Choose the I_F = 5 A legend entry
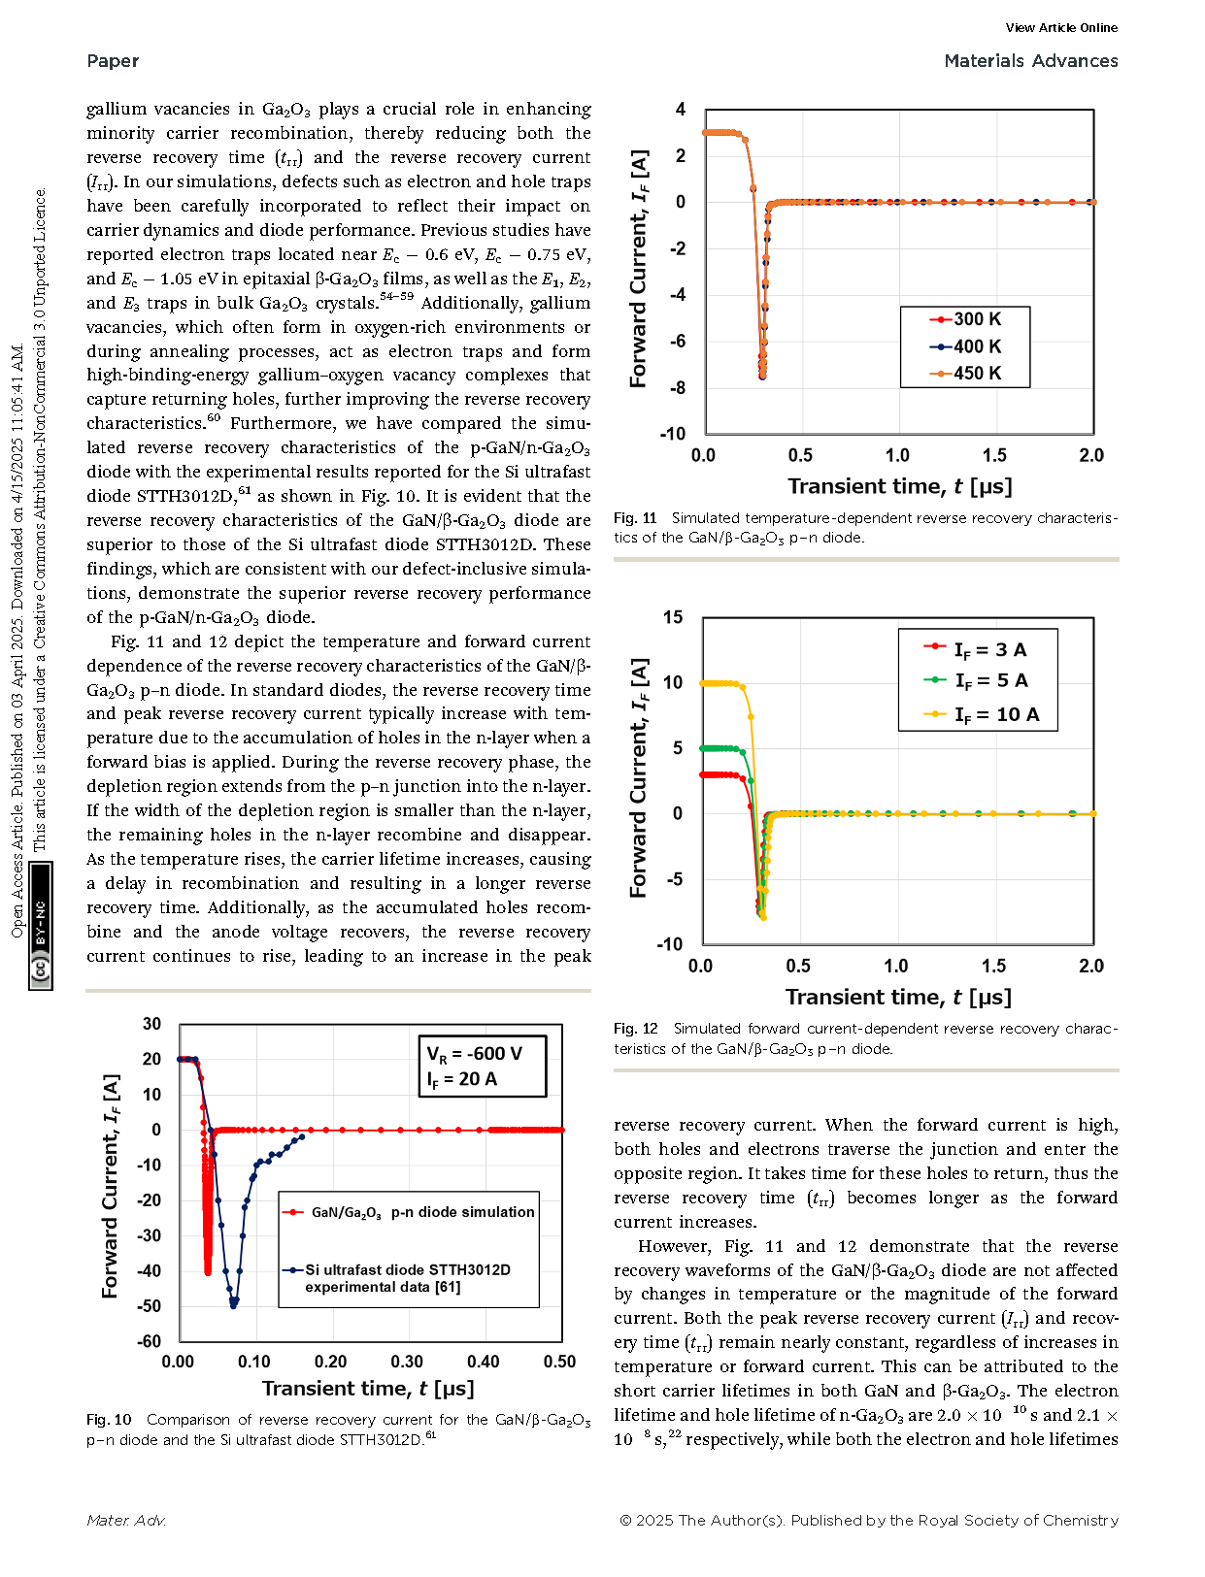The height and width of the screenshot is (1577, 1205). pyautogui.click(x=976, y=680)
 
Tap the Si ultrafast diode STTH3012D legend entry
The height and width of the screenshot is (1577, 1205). pyautogui.click(x=396, y=1278)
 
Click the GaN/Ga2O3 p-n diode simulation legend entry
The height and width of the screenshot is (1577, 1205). pyautogui.click(x=409, y=1213)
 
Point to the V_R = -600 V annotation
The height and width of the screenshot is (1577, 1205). pyautogui.click(x=474, y=1054)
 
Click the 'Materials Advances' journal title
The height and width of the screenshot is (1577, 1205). pyautogui.click(x=1030, y=61)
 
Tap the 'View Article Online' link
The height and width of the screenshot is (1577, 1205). pyautogui.click(x=1061, y=28)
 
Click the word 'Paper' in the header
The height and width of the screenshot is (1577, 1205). pyautogui.click(x=113, y=61)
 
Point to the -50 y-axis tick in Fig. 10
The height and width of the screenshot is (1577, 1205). pyautogui.click(x=150, y=1306)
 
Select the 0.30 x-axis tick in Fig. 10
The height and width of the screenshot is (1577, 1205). pyautogui.click(x=407, y=1362)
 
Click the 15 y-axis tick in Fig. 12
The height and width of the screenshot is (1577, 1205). pyautogui.click(x=673, y=617)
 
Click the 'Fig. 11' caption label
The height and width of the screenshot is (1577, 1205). pyautogui.click(x=635, y=518)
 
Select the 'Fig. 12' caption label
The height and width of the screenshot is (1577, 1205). pyautogui.click(x=636, y=1028)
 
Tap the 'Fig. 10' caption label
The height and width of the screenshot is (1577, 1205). pyautogui.click(x=109, y=1420)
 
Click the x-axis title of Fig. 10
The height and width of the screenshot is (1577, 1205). pyautogui.click(x=368, y=1389)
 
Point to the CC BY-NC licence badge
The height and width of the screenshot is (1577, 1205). pyautogui.click(x=40, y=926)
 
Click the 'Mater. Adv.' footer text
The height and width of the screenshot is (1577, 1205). pyautogui.click(x=126, y=1521)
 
